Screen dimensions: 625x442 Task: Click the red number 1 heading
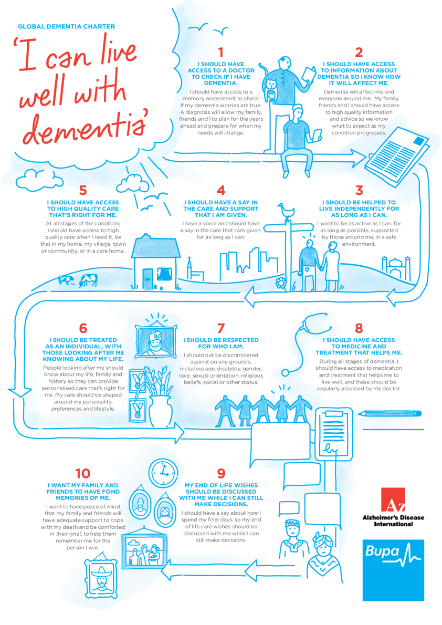point(221,52)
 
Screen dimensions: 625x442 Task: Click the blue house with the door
point(156,263)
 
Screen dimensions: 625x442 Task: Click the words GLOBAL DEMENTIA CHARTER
point(66,26)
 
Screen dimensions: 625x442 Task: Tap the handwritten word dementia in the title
point(81,127)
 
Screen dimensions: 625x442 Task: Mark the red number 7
point(221,328)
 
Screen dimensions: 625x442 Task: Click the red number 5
point(82,190)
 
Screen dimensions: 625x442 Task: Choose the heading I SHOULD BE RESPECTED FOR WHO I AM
point(221,343)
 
